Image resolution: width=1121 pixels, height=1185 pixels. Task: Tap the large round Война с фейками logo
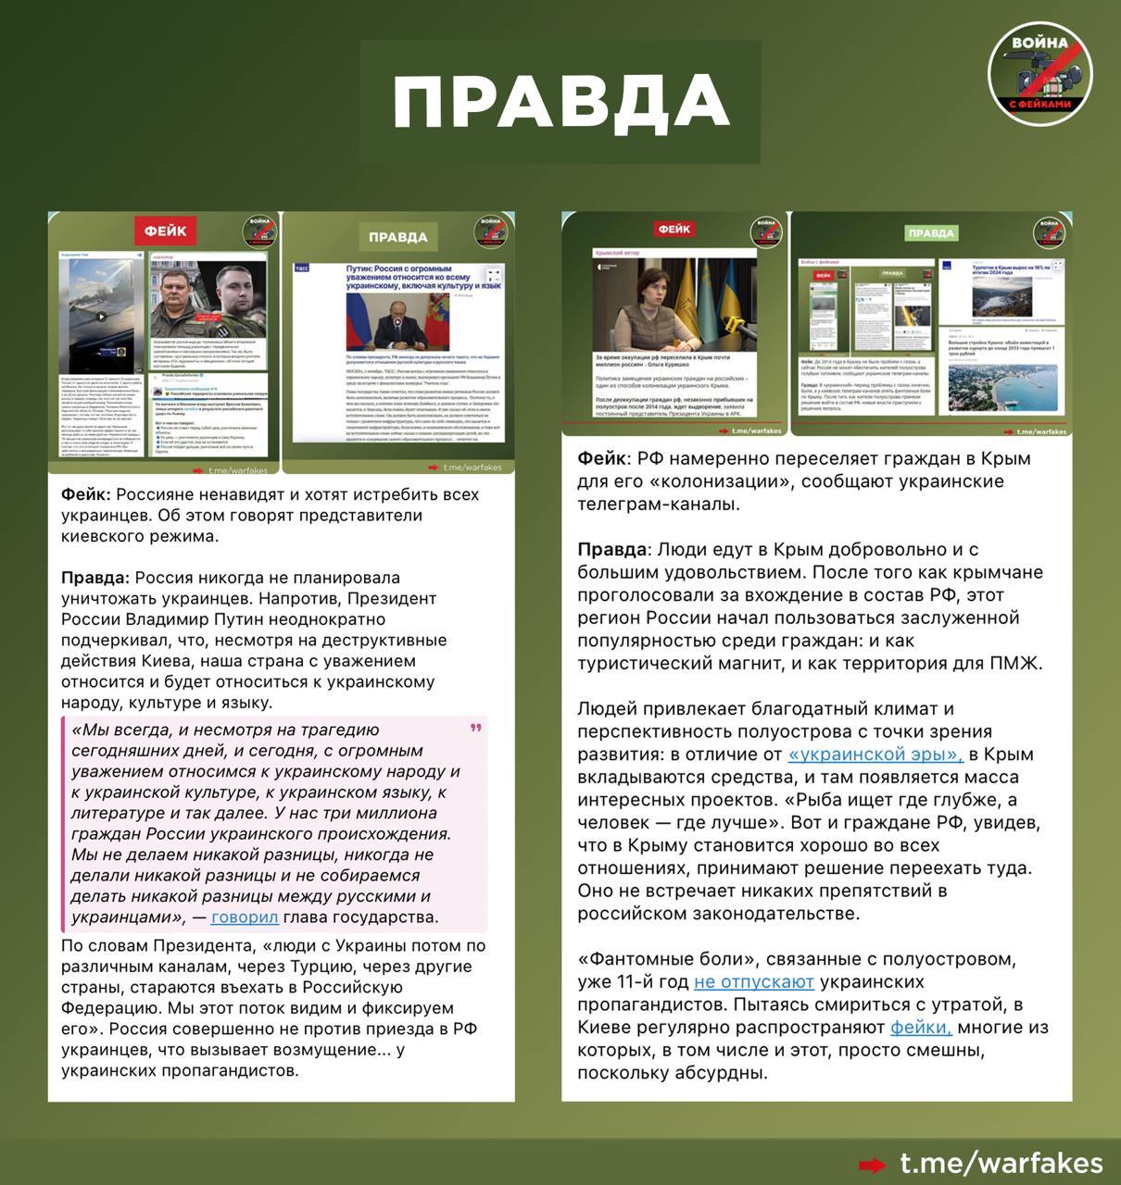1039,73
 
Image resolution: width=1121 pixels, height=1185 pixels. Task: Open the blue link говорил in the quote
245,917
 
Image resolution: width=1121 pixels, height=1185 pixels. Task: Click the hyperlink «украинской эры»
875,755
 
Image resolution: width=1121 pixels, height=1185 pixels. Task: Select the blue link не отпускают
753,981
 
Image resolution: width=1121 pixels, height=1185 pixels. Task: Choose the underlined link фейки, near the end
921,1027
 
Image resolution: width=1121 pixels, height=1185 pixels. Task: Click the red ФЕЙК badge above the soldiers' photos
165,231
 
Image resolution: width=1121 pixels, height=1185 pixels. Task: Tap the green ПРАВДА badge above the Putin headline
397,237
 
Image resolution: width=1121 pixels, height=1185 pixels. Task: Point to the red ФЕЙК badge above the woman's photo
674,230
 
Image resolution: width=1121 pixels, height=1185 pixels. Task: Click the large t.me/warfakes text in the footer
1001,1164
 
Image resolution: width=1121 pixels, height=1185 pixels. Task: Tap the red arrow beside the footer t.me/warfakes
871,1165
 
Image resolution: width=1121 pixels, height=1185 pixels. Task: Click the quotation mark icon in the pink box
476,729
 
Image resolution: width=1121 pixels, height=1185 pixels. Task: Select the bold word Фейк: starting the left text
86,494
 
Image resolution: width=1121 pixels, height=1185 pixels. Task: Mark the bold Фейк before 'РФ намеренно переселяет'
602,458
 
